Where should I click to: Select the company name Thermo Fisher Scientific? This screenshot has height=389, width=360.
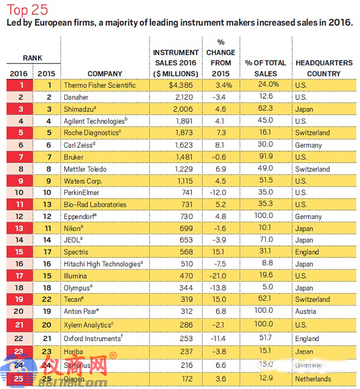click(100, 85)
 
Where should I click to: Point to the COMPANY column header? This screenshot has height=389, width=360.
click(96, 74)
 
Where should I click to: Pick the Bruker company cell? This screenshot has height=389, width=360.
click(75, 157)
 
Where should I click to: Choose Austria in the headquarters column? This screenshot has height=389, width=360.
click(305, 312)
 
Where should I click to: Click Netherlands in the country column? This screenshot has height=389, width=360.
click(313, 379)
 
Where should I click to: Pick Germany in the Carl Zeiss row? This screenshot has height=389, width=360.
click(309, 145)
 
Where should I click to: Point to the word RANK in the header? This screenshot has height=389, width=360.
click(32, 58)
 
